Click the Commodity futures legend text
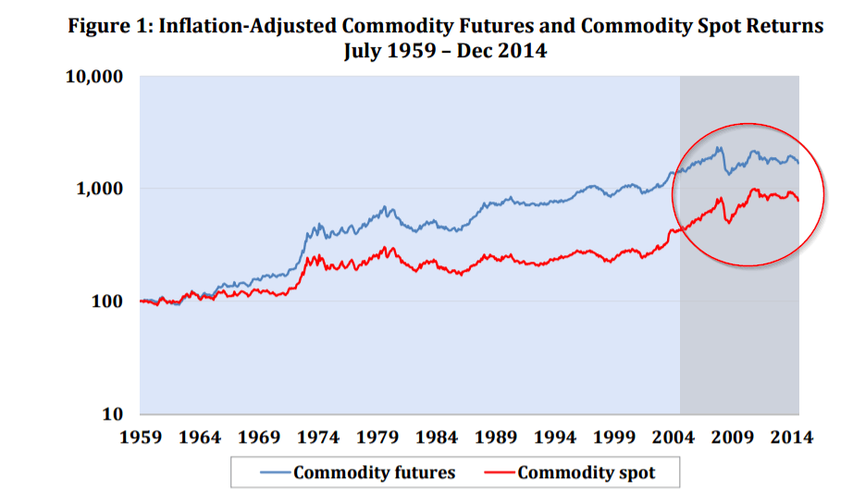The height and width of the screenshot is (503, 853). (374, 472)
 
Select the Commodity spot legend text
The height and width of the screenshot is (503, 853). (586, 472)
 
